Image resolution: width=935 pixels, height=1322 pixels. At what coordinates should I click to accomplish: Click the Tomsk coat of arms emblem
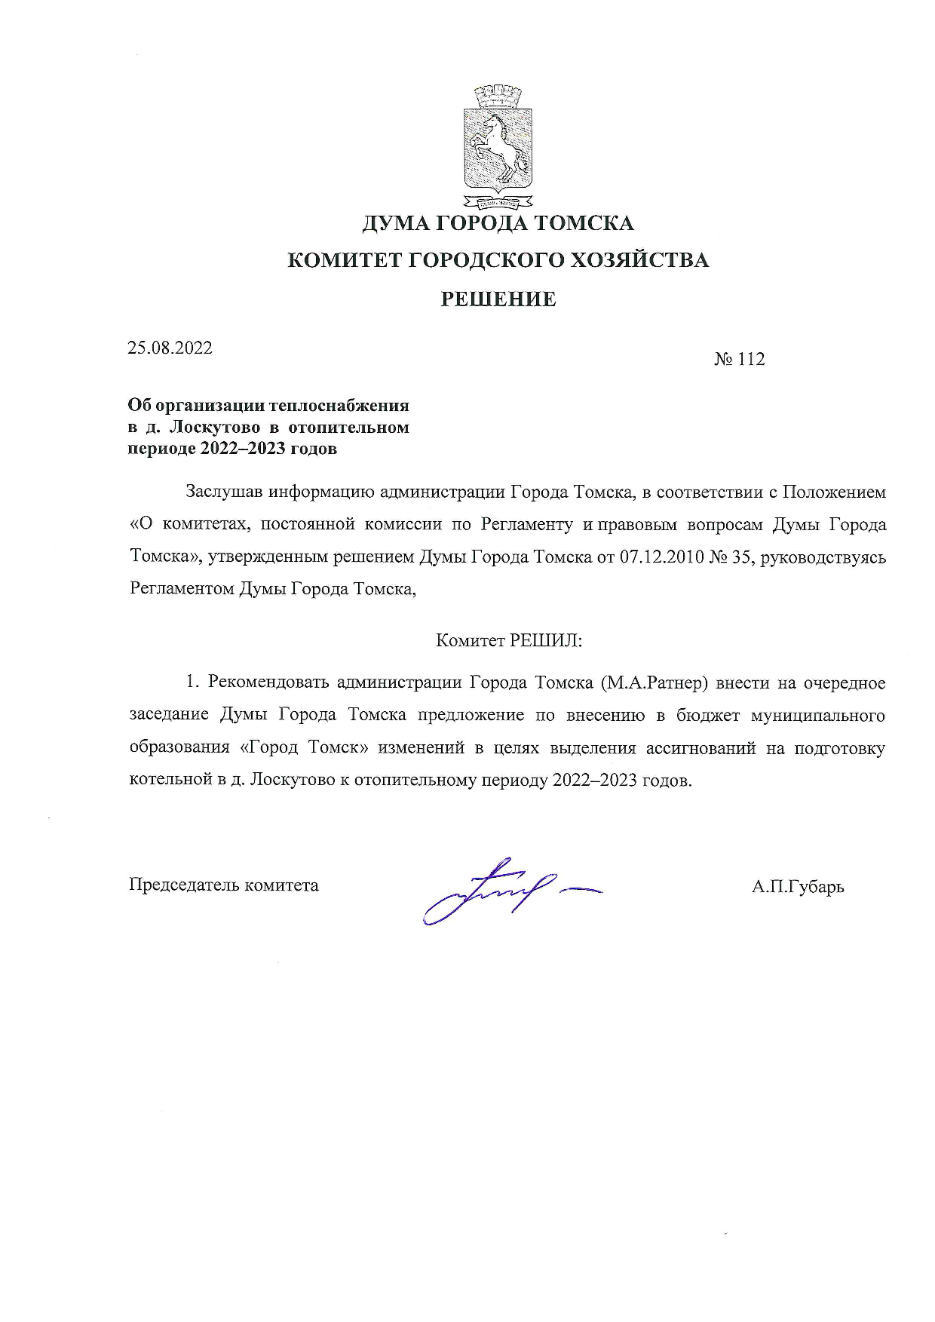point(498,149)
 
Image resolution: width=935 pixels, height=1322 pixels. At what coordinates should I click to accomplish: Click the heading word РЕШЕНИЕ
point(498,299)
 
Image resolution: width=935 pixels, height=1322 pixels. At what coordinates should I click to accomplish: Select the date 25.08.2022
point(170,348)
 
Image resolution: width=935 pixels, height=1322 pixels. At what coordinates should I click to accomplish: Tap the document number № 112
point(739,360)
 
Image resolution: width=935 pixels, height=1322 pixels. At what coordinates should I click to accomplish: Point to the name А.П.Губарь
point(797,886)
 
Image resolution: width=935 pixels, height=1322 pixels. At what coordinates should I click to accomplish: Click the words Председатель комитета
point(224,885)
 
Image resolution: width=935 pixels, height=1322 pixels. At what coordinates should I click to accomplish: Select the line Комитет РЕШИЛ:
point(509,640)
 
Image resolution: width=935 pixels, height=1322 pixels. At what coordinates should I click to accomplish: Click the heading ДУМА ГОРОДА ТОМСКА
point(498,223)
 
